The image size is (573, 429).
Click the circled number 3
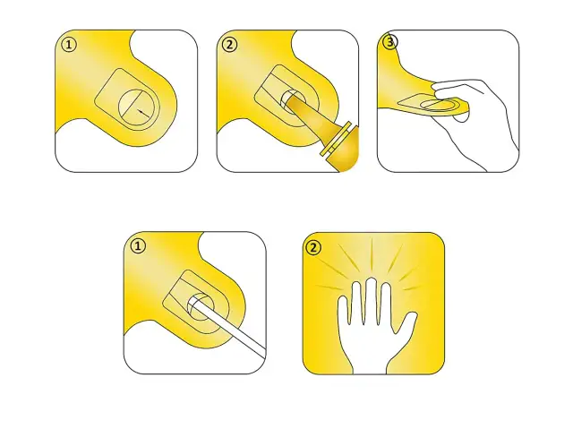(389, 42)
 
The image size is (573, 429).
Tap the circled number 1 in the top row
(69, 46)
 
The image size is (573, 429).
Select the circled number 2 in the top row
(229, 45)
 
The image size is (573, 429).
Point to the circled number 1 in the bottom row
(138, 246)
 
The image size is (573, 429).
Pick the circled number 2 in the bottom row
(313, 248)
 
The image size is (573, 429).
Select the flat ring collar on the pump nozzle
(338, 141)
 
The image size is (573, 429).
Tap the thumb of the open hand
(407, 322)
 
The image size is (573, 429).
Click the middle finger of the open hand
(372, 300)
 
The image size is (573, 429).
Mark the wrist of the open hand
(370, 363)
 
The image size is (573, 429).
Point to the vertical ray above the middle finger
(372, 256)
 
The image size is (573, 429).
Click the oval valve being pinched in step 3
(439, 105)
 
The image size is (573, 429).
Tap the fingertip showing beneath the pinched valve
(461, 117)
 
